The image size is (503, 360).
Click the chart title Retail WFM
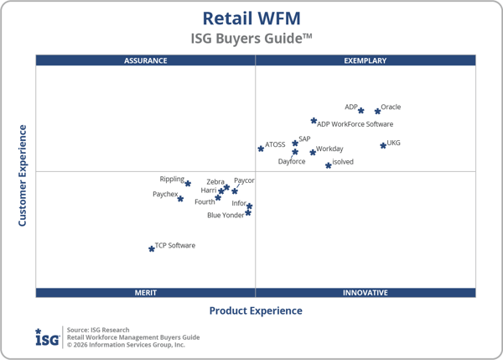point(251,18)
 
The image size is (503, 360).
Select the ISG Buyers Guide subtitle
point(251,39)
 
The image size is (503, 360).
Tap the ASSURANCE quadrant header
point(145,60)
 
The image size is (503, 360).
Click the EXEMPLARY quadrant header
point(366,60)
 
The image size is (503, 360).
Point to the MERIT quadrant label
point(145,293)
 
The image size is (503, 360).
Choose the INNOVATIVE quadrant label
point(366,293)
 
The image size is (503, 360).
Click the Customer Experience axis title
point(23,175)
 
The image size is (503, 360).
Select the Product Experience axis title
point(255,311)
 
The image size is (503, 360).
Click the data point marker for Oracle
point(377,111)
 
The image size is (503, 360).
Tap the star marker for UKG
point(383,145)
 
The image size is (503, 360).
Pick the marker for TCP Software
point(152,248)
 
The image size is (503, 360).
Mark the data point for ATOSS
point(261,149)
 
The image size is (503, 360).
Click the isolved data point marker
point(329,165)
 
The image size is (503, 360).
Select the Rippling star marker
point(188,183)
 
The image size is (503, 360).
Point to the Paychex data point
point(180,199)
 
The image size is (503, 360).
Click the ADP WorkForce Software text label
point(355,125)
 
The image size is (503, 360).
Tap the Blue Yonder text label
point(226,216)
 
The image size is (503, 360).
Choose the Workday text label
point(329,149)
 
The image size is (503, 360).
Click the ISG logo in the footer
point(47,337)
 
